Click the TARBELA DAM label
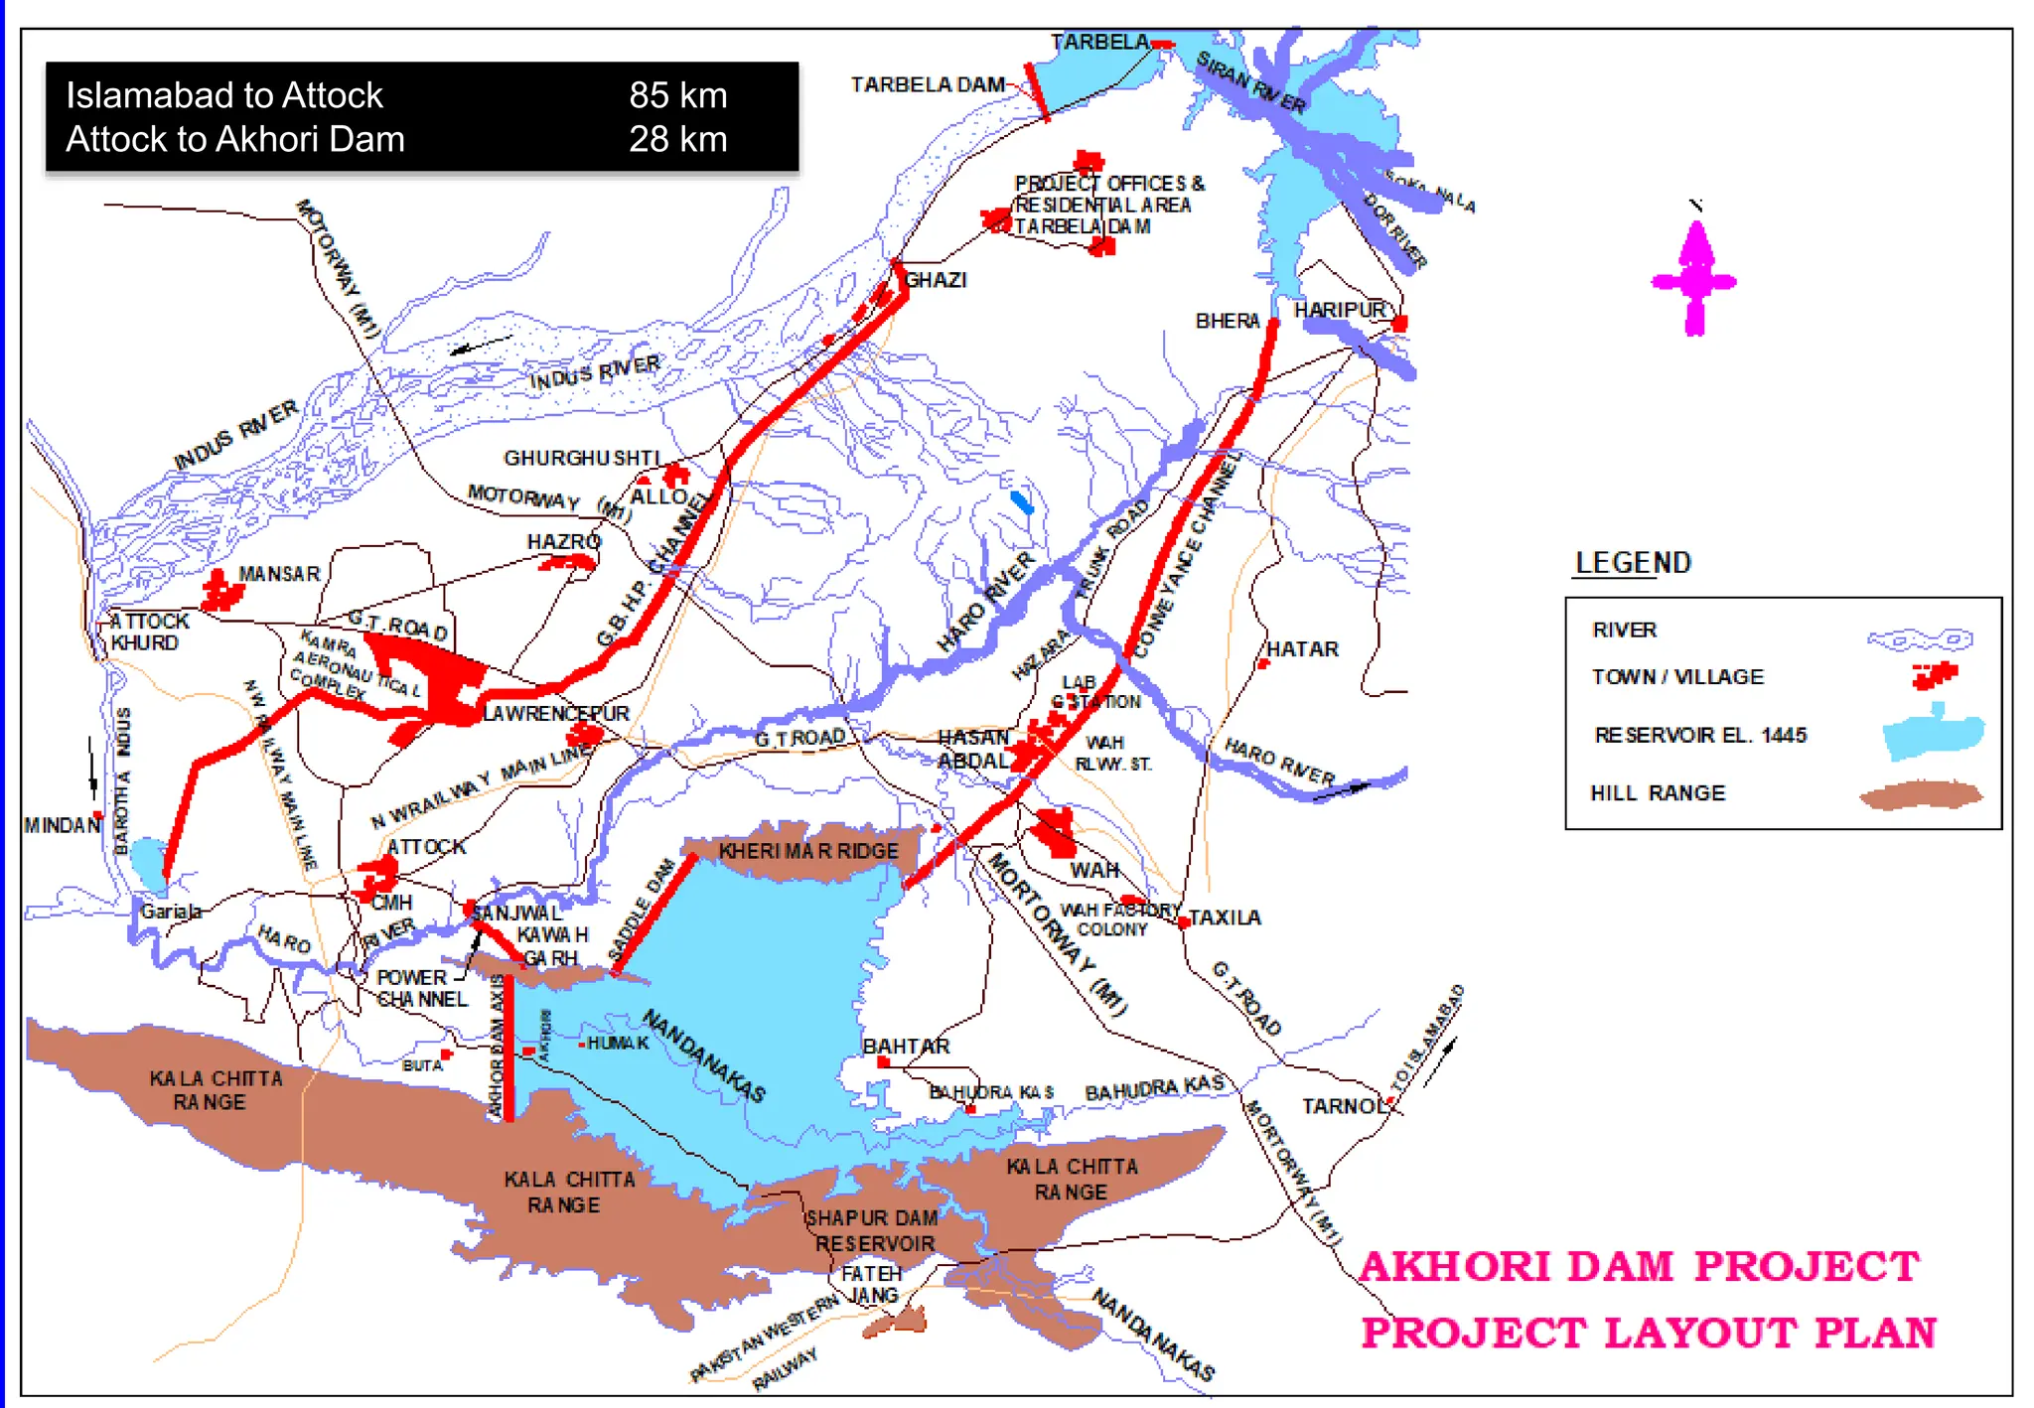(x=928, y=85)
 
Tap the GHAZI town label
(x=936, y=280)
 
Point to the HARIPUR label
(x=1340, y=310)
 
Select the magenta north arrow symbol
(x=1694, y=279)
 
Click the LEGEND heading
(x=1633, y=563)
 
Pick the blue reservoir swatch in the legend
(x=1933, y=734)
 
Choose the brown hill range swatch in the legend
(x=1921, y=794)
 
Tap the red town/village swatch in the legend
(x=1935, y=676)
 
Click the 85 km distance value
(x=677, y=95)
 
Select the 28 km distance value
(x=677, y=139)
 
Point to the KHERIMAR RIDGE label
(x=807, y=851)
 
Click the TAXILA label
(x=1225, y=917)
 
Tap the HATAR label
(x=1302, y=649)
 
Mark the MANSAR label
(x=279, y=574)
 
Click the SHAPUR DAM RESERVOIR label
(x=873, y=1231)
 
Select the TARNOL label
(x=1343, y=1106)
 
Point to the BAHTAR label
(x=906, y=1047)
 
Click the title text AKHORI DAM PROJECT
(x=1639, y=1267)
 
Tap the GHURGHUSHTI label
(x=582, y=458)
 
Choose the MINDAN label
(x=62, y=825)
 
